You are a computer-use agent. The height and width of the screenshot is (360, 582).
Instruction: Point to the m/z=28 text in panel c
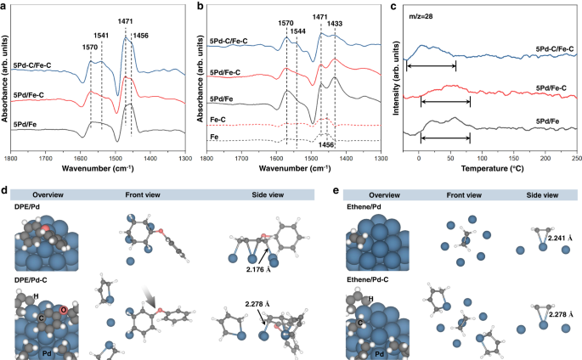tap(421, 17)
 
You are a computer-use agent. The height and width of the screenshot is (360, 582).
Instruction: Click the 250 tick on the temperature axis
tap(576, 159)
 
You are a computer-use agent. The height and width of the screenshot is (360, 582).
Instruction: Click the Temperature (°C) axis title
tap(491, 170)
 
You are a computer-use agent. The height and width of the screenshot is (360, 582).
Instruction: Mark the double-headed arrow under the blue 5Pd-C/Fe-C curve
tap(431, 65)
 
